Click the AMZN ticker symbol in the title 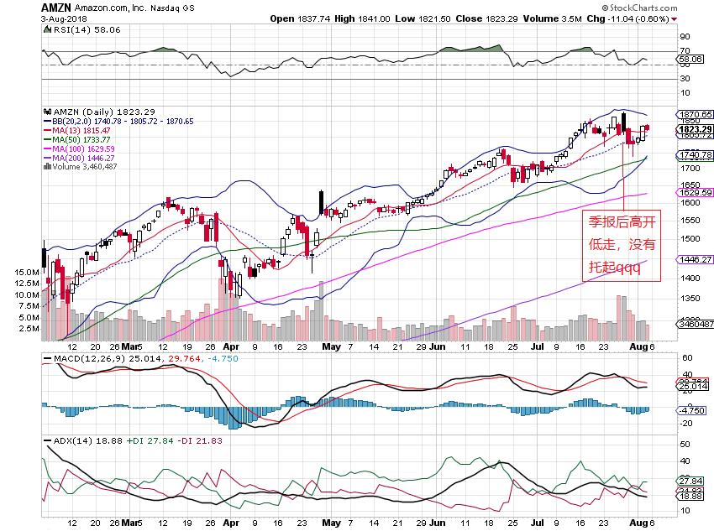[x=55, y=7]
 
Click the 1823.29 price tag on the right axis [x=696, y=129]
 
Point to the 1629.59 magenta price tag [x=696, y=192]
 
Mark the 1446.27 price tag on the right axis [x=696, y=260]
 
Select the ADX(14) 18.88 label [x=81, y=440]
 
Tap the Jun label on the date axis [x=438, y=346]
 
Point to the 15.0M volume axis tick [x=26, y=273]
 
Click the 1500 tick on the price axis [x=690, y=238]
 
